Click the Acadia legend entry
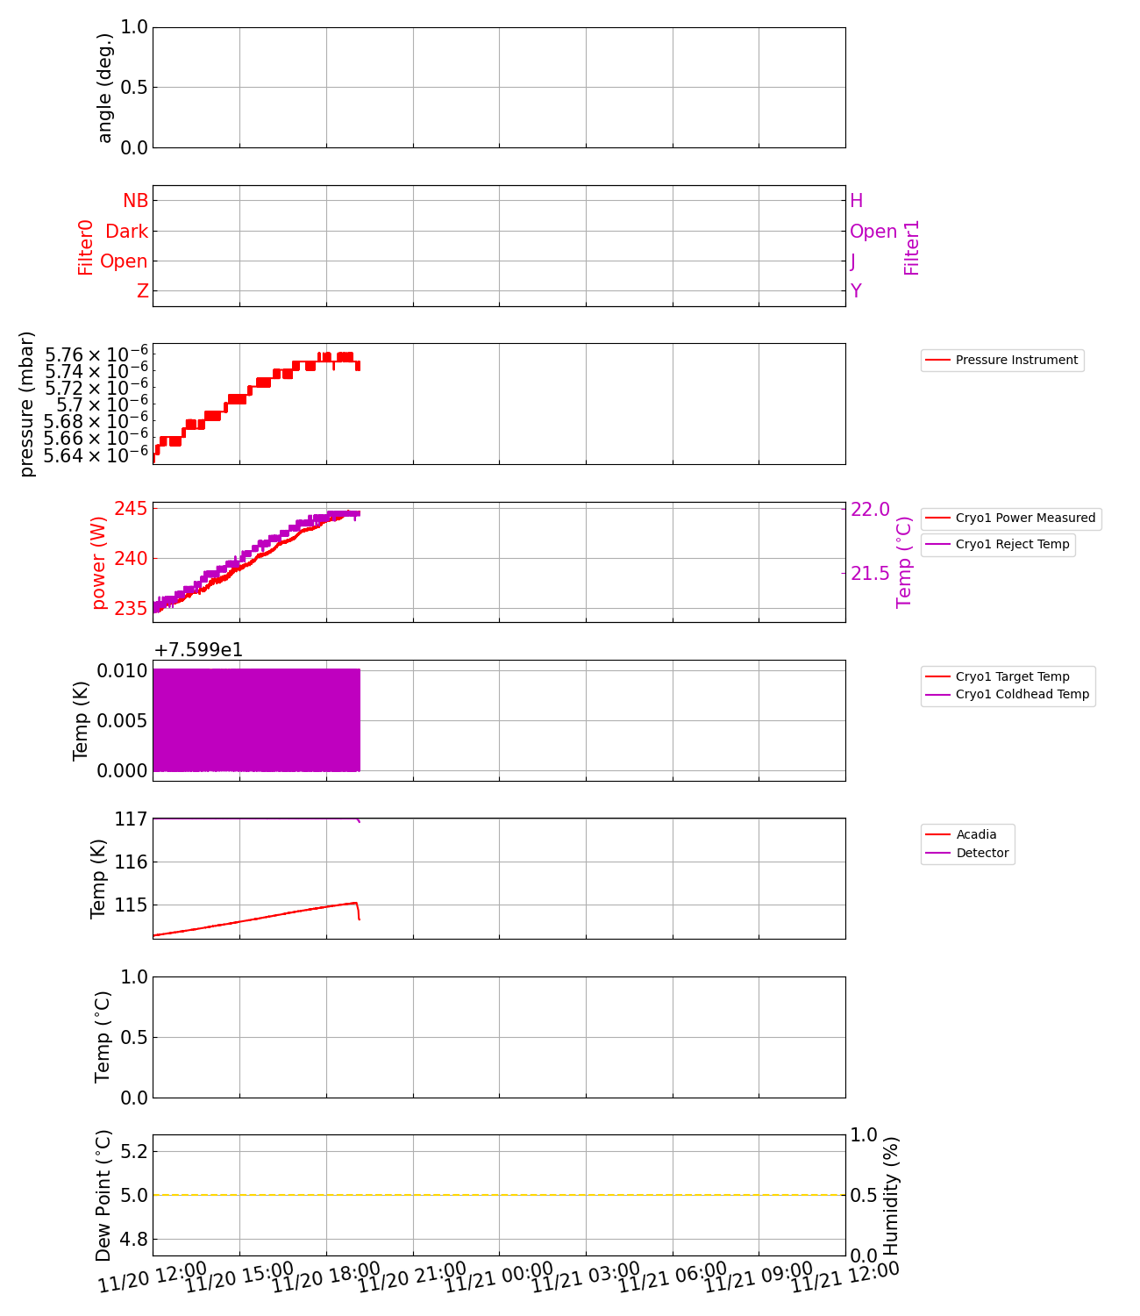[x=975, y=835]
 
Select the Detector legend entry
[x=981, y=854]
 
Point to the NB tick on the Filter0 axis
[x=135, y=201]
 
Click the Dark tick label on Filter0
[x=126, y=232]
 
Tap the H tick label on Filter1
[x=857, y=201]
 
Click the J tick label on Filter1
[x=853, y=261]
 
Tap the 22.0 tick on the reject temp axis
[x=870, y=510]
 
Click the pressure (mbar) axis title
[x=27, y=404]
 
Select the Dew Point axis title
[x=103, y=1195]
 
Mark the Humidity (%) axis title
[x=892, y=1195]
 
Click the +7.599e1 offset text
[x=198, y=650]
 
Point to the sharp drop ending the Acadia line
[x=358, y=912]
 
